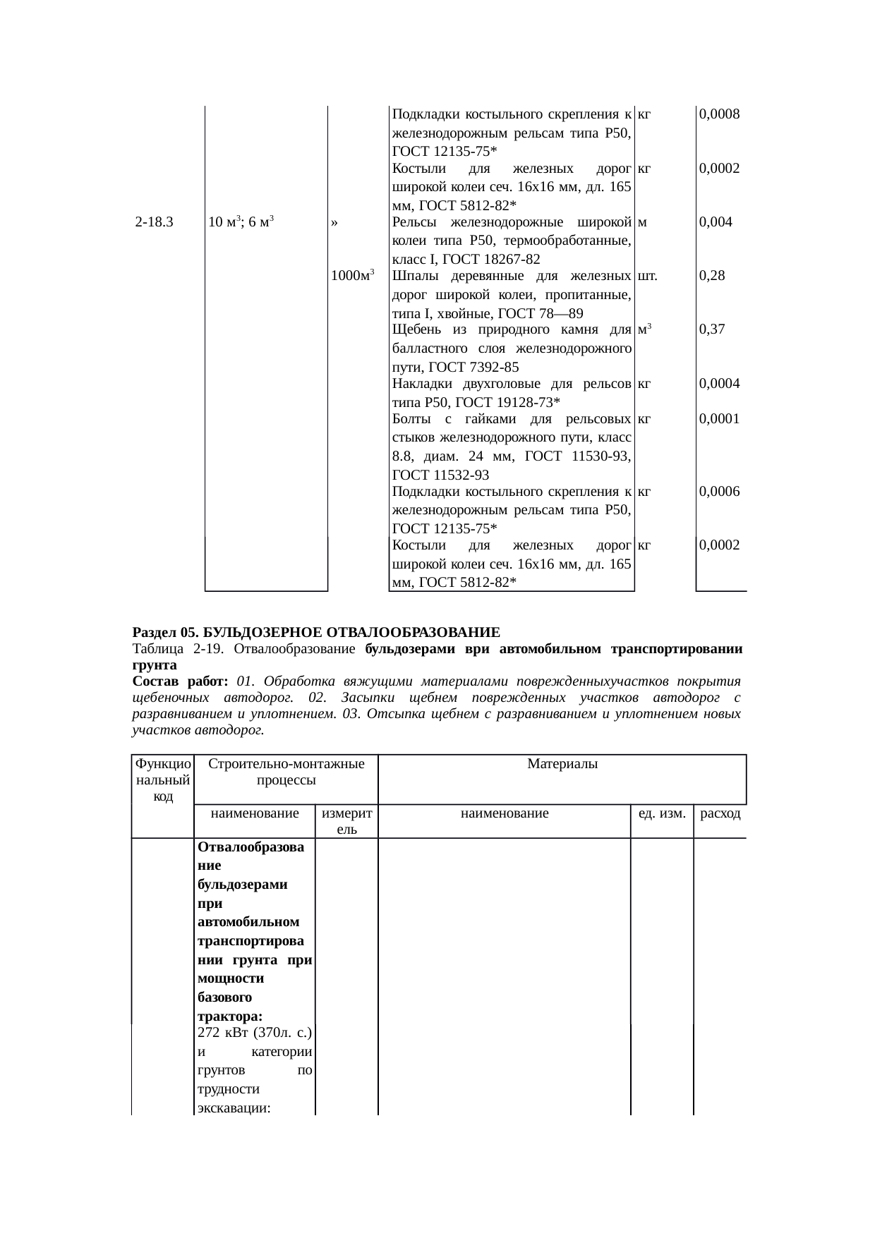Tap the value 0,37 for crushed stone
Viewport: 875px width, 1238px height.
pos(711,329)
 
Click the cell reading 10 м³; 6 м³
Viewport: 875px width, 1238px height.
pos(241,222)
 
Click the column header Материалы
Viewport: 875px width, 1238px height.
pos(562,764)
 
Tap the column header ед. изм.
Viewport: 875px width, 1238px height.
pos(661,813)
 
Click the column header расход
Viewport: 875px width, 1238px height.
pos(720,813)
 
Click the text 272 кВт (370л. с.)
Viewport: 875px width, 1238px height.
pos(255,1033)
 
